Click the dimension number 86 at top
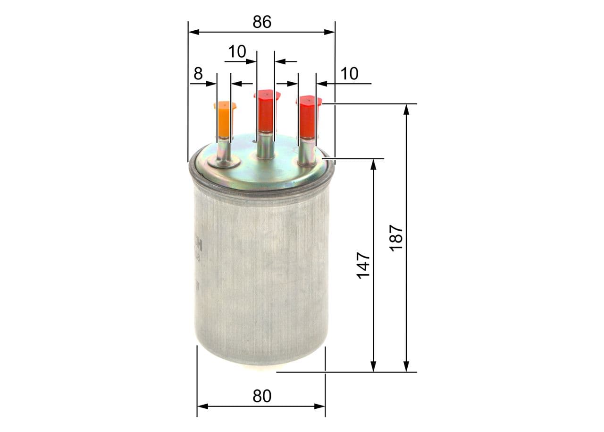(262, 22)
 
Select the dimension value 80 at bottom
(262, 396)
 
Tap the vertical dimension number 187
(396, 237)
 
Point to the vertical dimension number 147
(363, 265)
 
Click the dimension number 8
(198, 74)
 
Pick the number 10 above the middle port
(237, 52)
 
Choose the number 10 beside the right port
(349, 74)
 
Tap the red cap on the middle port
(266, 110)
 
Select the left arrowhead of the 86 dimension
(193, 32)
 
